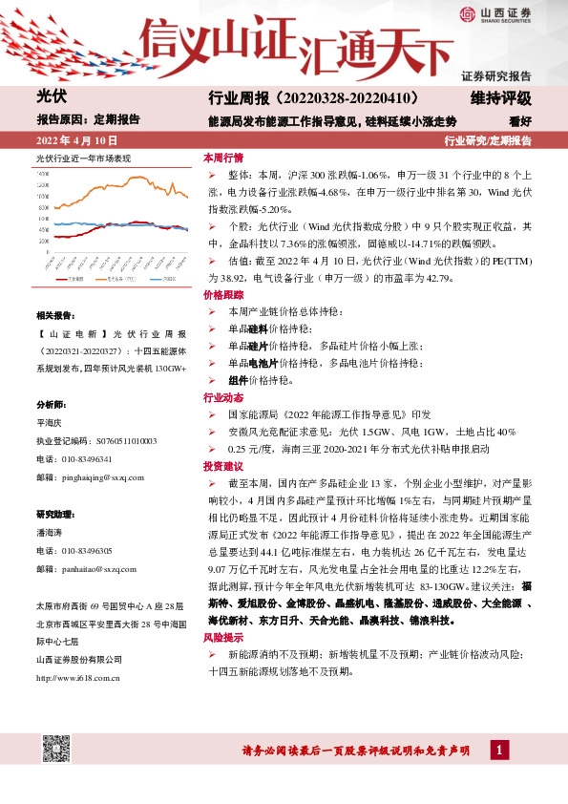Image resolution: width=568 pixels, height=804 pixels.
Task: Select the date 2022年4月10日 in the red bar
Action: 79,140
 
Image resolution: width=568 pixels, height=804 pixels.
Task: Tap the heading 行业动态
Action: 222,396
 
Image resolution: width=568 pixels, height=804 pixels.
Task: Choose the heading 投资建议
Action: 222,465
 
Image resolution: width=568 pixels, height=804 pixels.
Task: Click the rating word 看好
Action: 519,121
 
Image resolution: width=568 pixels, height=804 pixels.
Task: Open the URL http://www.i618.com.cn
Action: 77,678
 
